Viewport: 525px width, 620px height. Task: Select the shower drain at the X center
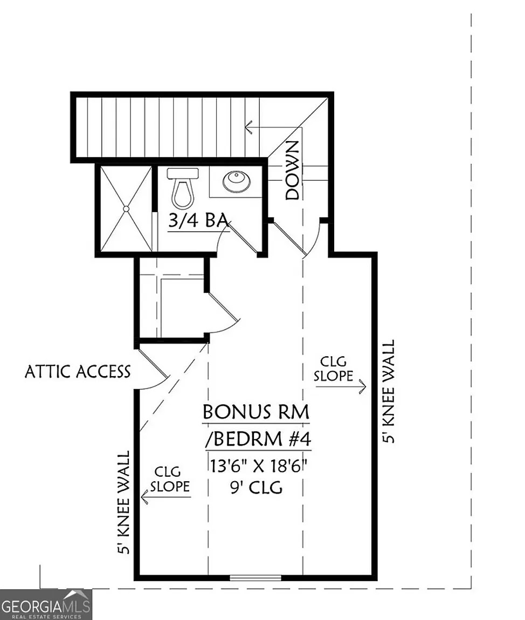pyautogui.click(x=126, y=208)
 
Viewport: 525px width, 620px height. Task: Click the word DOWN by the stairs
pyautogui.click(x=293, y=170)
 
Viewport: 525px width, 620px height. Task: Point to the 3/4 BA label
pyautogui.click(x=198, y=221)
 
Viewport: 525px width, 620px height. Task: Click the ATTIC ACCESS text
pyautogui.click(x=78, y=371)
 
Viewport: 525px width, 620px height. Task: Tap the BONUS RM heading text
pyautogui.click(x=256, y=412)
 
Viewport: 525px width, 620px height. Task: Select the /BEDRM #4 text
pyautogui.click(x=258, y=439)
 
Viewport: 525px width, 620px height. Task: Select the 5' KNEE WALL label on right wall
pyautogui.click(x=389, y=391)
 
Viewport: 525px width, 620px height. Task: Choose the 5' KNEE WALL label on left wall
pyautogui.click(x=125, y=502)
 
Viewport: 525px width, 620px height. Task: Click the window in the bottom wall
pyautogui.click(x=255, y=578)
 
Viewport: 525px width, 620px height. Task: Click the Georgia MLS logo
pyautogui.click(x=46, y=604)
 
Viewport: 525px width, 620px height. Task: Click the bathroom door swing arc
pyautogui.click(x=222, y=237)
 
